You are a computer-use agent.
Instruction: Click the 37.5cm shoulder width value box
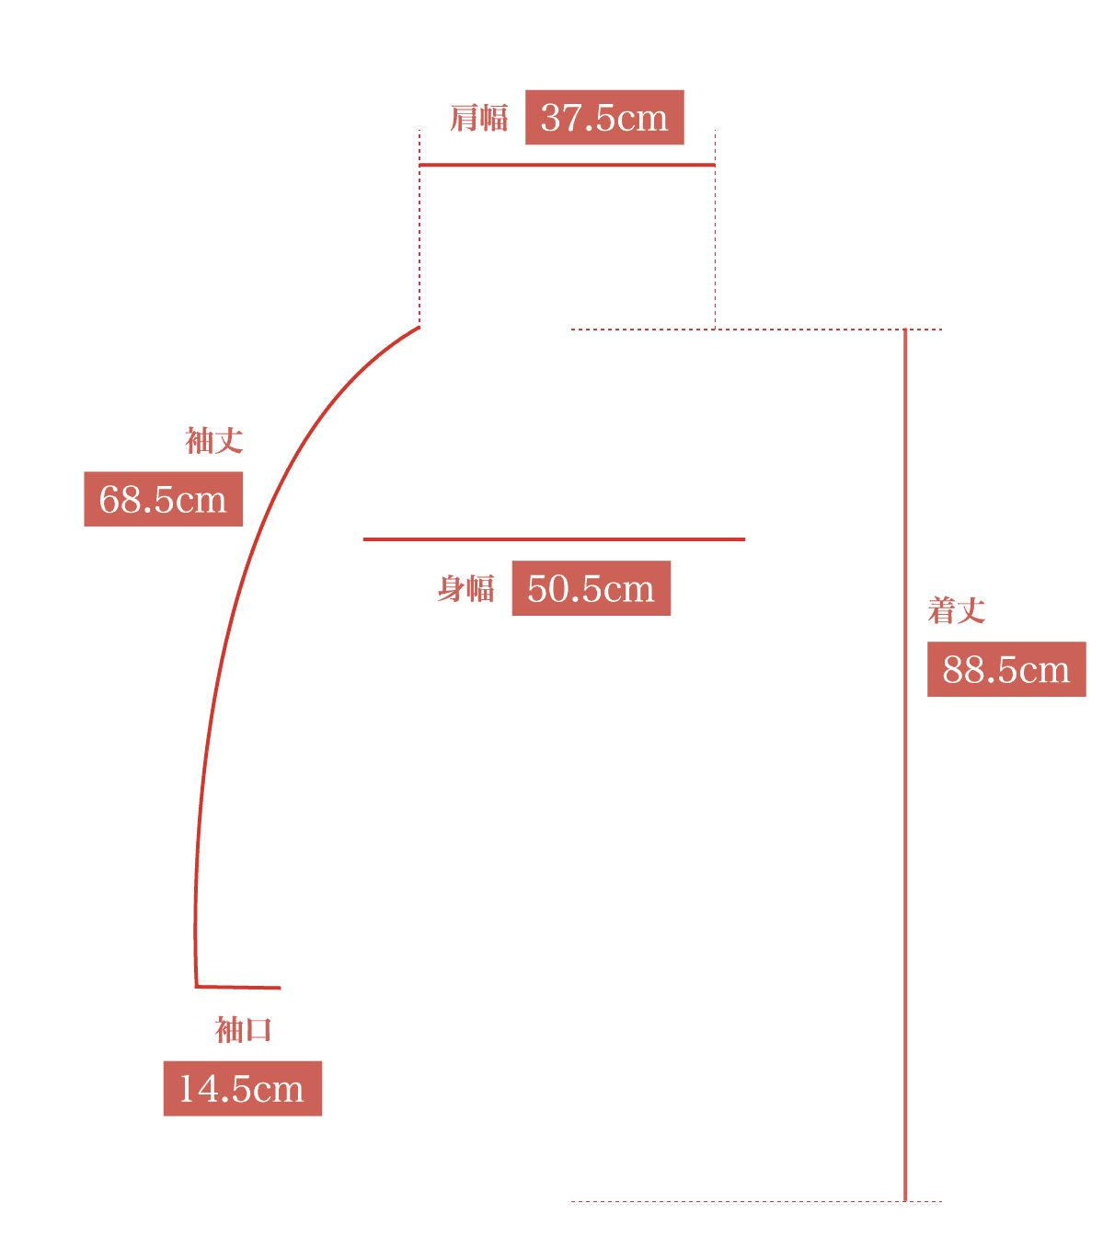pyautogui.click(x=604, y=117)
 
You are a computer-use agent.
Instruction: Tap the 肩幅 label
pyautogui.click(x=479, y=118)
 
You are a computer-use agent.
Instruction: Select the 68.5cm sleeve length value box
pyautogui.click(x=164, y=499)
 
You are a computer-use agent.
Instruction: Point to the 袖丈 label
pyautogui.click(x=214, y=441)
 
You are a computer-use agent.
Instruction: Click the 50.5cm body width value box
pyautogui.click(x=592, y=588)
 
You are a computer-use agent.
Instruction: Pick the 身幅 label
pyautogui.click(x=466, y=588)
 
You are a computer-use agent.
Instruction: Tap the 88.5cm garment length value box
pyautogui.click(x=1006, y=669)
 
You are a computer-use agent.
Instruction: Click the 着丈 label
pyautogui.click(x=956, y=610)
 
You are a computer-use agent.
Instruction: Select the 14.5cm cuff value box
pyautogui.click(x=243, y=1088)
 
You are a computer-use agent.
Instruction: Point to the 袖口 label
pyautogui.click(x=244, y=1030)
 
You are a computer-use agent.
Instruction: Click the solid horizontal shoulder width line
pyautogui.click(x=568, y=166)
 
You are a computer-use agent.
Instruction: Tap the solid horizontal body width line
pyautogui.click(x=555, y=539)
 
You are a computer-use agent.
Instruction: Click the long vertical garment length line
pyautogui.click(x=905, y=765)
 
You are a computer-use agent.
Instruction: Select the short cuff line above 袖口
pyautogui.click(x=238, y=987)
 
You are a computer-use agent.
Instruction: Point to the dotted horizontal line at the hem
pyautogui.click(x=756, y=1202)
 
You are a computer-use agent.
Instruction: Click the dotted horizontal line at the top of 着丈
pyautogui.click(x=756, y=330)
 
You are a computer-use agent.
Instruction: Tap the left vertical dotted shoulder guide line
pyautogui.click(x=419, y=228)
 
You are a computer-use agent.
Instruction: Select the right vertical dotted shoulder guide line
pyautogui.click(x=715, y=229)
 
